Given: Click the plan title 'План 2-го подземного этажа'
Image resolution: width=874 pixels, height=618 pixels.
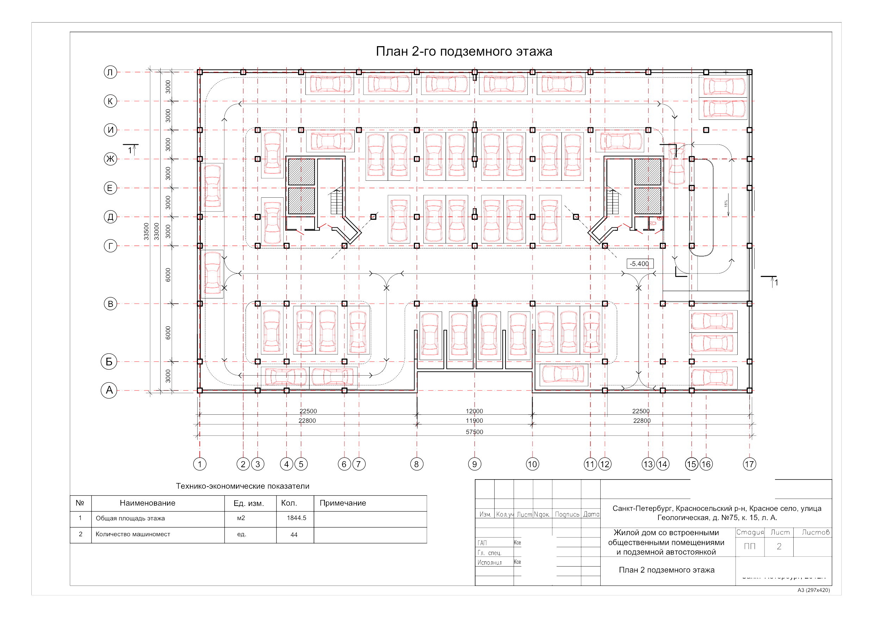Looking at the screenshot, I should point(464,51).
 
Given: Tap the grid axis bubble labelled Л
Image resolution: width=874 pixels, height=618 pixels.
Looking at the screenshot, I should point(110,72).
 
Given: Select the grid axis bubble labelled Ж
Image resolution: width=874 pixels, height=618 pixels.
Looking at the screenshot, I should point(110,159).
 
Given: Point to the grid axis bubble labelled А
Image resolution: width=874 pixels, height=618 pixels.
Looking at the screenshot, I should point(109,390).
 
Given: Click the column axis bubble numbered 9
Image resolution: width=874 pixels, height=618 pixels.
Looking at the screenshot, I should point(474,464).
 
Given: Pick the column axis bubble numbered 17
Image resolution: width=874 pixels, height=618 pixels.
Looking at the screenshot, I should point(749,464).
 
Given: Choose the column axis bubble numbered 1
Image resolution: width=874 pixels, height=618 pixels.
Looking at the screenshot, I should point(199,464).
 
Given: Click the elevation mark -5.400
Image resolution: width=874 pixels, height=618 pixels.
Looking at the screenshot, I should point(639,264).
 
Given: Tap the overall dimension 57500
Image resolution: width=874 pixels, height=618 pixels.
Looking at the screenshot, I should point(474,432).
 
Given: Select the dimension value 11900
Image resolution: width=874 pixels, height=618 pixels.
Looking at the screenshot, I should point(474,421).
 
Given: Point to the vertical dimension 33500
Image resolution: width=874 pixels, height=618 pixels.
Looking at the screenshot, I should point(146,231).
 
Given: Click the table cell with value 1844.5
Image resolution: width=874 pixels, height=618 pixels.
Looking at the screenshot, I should point(297,518).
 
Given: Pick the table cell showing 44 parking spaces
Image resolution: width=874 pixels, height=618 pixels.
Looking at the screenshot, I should point(294,534).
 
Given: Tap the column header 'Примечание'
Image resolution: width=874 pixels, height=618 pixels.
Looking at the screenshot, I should point(343,503).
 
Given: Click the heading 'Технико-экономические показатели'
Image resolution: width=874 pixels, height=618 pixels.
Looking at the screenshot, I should point(242,486).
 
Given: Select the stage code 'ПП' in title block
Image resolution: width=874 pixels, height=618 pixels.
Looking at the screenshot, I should point(750,546).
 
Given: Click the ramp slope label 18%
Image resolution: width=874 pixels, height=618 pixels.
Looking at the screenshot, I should point(726,204).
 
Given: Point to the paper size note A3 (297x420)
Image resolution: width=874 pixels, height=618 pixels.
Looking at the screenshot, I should point(813,590).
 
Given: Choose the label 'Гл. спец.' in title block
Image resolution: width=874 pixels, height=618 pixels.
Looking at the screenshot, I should point(489,553).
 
